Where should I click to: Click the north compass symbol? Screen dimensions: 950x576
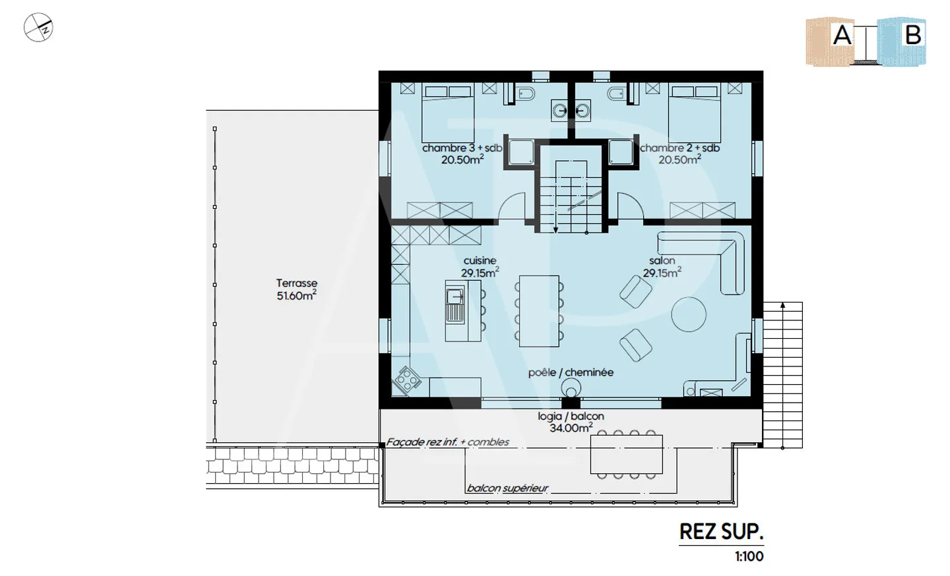tap(38, 27)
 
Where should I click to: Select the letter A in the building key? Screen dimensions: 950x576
tap(842, 35)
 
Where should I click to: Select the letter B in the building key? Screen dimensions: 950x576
tap(912, 35)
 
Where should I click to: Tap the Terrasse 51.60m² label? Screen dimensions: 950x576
tap(296, 290)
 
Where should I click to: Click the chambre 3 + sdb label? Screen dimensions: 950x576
tap(462, 148)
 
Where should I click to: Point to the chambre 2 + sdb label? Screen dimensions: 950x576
tap(680, 148)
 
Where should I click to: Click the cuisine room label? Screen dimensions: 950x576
tap(480, 261)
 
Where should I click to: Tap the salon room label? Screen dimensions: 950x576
tap(662, 261)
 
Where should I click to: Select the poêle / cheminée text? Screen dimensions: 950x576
tap(571, 373)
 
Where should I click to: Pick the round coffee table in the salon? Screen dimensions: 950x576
tap(689, 314)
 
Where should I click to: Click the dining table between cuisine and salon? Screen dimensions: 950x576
tap(539, 311)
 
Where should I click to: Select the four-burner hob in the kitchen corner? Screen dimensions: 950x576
tap(406, 380)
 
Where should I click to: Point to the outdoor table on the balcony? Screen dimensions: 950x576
tap(627, 454)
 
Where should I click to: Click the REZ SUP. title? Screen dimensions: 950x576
tap(722, 532)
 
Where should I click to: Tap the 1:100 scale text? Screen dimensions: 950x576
tap(749, 556)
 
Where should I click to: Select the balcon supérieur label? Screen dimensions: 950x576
tap(507, 488)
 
